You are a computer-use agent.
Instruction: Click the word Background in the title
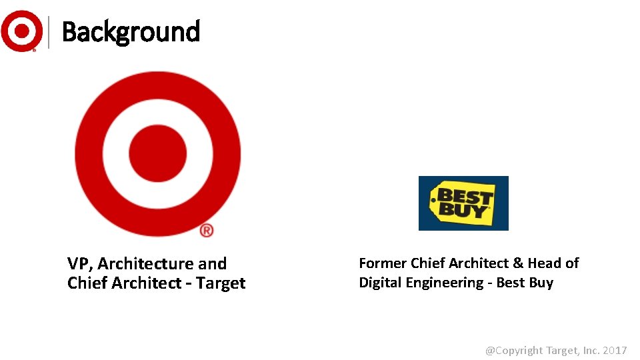click(x=131, y=31)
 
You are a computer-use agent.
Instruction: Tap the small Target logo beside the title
click(x=21, y=31)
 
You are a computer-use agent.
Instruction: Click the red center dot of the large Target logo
click(x=157, y=153)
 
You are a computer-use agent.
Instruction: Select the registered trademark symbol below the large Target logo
click(x=207, y=230)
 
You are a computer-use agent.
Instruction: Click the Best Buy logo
click(x=463, y=203)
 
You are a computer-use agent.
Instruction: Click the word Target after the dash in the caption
click(x=221, y=283)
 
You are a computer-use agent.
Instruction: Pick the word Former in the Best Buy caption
click(x=383, y=263)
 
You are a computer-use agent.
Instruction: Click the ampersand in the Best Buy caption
click(x=517, y=263)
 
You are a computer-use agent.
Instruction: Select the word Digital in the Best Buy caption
click(x=380, y=283)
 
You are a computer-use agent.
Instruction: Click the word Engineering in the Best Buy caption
click(x=443, y=283)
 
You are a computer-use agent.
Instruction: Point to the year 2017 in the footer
click(x=615, y=350)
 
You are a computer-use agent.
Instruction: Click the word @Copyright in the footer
click(x=514, y=350)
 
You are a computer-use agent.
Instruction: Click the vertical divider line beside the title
click(x=49, y=31)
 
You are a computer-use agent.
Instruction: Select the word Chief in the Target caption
click(x=87, y=283)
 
